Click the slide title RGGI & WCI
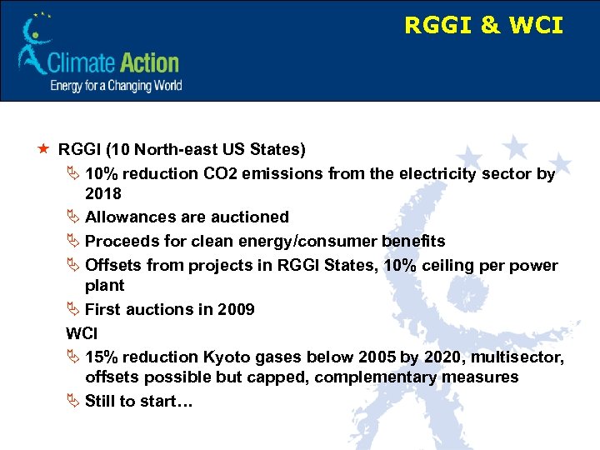(483, 26)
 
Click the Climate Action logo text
(113, 63)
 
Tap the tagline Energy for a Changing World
(116, 86)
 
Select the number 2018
(103, 193)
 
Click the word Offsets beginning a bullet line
(113, 266)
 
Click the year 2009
(235, 309)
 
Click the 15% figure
(102, 357)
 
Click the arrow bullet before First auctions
(73, 309)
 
